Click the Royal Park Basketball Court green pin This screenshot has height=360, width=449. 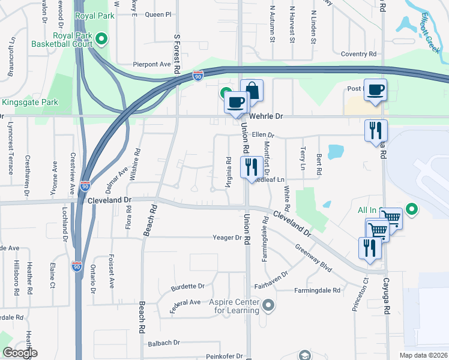pos(101,40)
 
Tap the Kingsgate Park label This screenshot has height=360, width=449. pos(29,103)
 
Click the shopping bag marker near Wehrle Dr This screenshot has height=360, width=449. pos(252,91)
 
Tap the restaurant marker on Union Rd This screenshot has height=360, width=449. pos(250,167)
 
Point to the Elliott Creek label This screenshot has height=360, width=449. pos(431,31)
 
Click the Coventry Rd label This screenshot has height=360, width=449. pos(358,54)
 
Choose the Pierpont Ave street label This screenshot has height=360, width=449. pos(152,64)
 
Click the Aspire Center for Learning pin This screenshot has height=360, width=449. pos(268,306)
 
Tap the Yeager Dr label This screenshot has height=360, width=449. pos(227,238)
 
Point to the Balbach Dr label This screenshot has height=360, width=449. pos(164,343)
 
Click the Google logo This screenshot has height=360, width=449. pos(20,352)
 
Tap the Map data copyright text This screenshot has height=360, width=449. pos(423,355)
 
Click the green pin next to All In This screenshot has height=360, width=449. pos(411,209)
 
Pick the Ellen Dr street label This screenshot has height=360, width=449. pos(262,135)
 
